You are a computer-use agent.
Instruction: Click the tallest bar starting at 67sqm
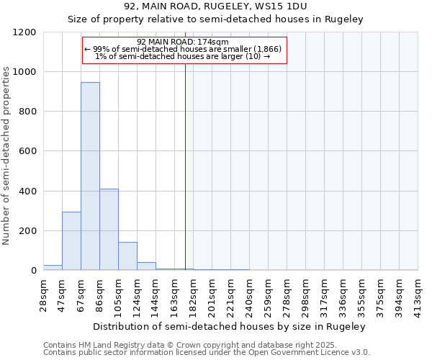pyautogui.click(x=90, y=176)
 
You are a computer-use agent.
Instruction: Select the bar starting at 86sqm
pyautogui.click(x=109, y=230)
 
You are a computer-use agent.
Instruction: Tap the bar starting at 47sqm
pyautogui.click(x=71, y=241)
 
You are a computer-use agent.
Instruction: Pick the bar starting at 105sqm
pyautogui.click(x=127, y=256)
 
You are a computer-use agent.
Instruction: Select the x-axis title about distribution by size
pyautogui.click(x=230, y=326)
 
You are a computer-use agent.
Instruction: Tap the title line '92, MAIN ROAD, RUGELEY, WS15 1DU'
pyautogui.click(x=215, y=6)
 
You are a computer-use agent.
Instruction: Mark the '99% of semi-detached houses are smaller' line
pyautogui.click(x=185, y=49)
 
